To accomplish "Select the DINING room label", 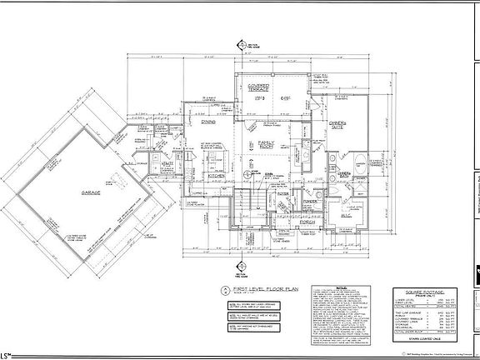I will coord(209,122).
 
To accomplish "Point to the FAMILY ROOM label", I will coord(267,145).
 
